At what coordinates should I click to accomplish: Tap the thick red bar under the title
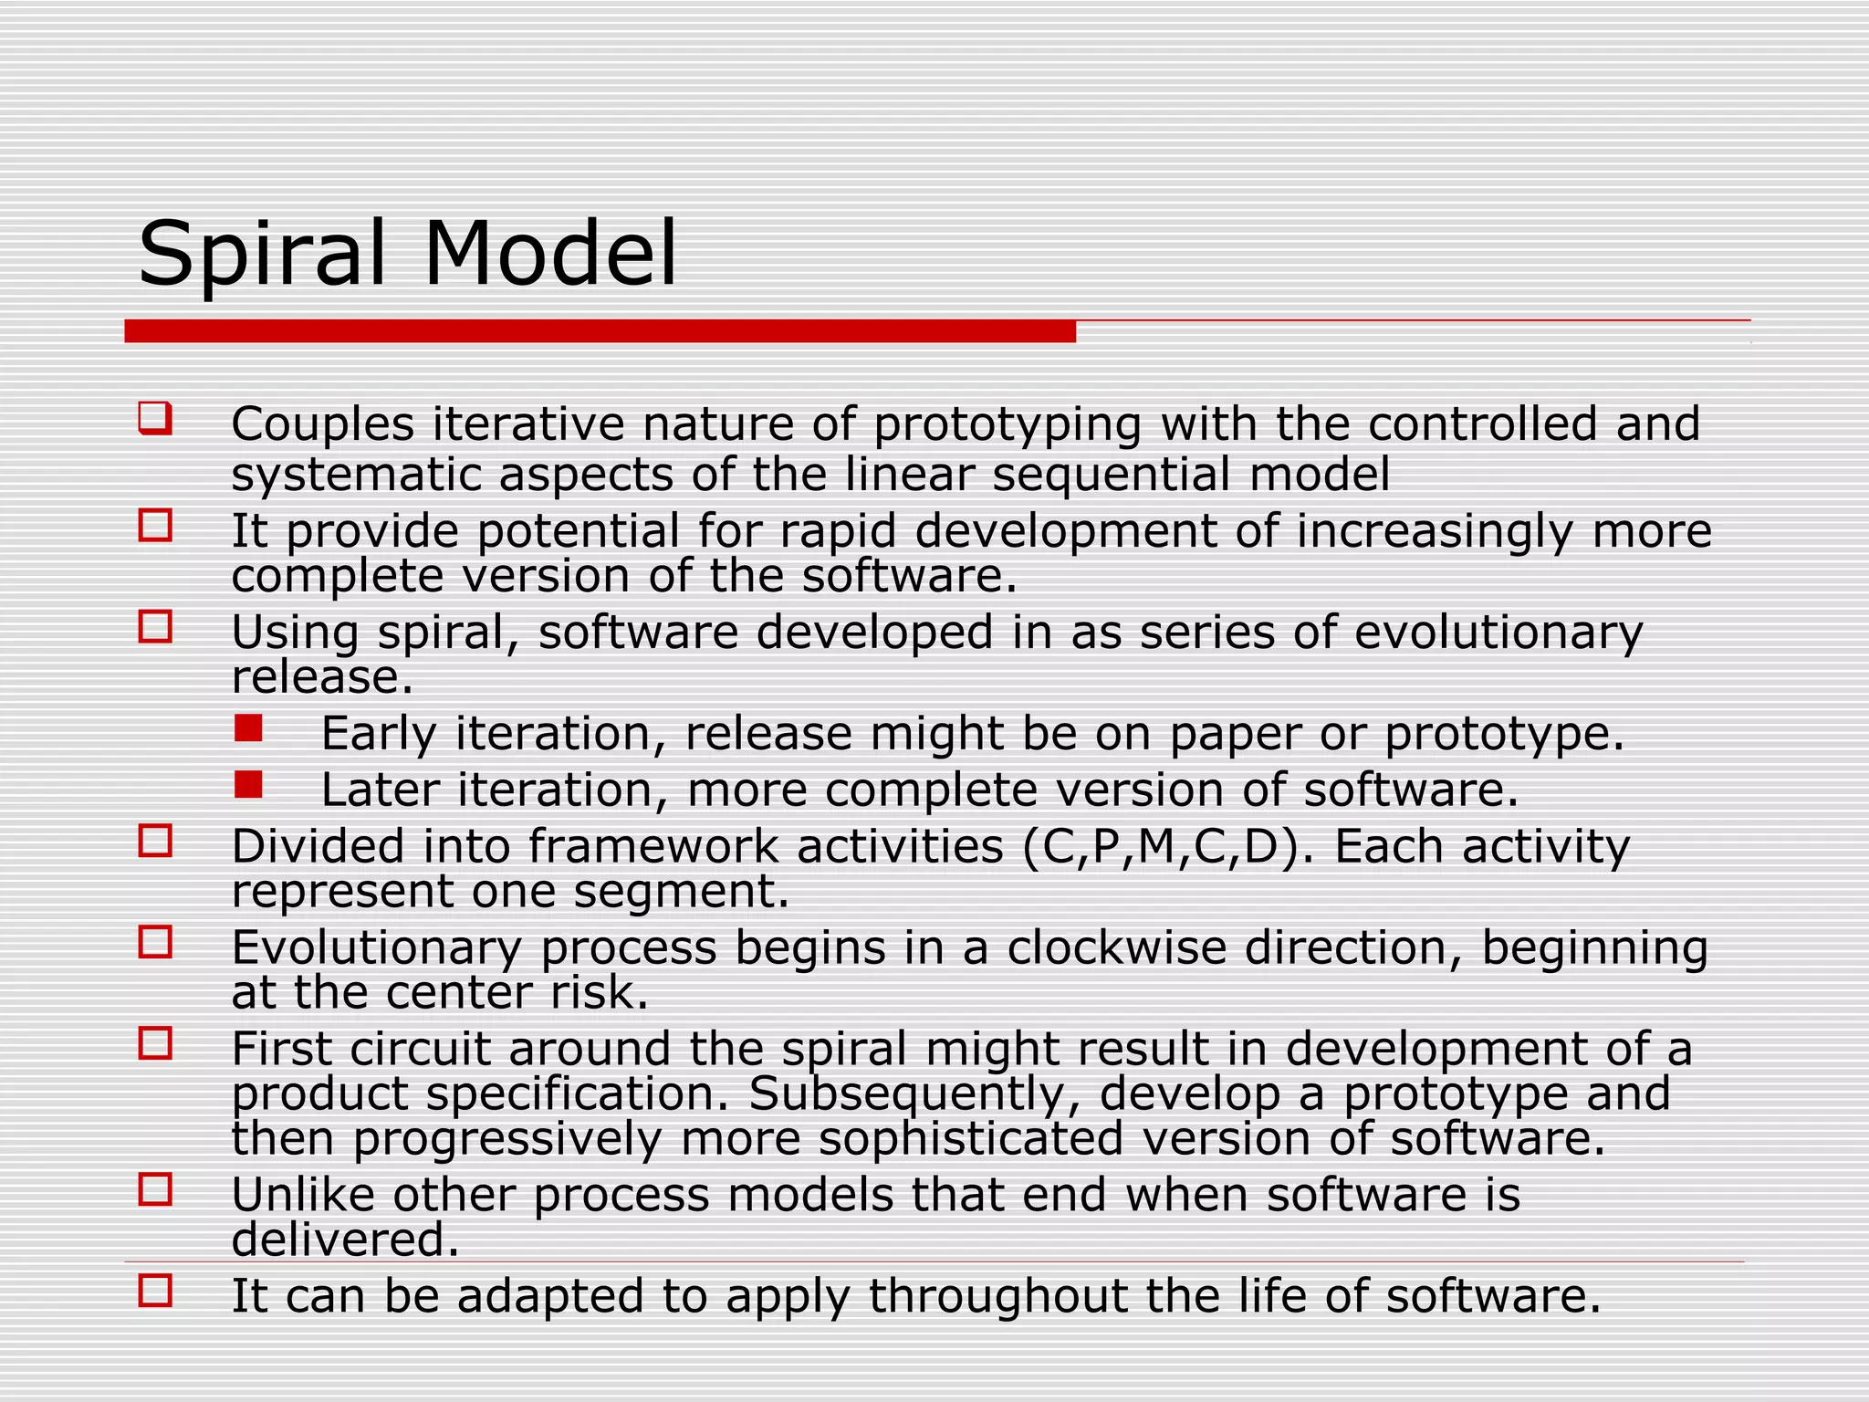click(600, 331)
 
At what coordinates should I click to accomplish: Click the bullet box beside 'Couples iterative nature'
click(154, 419)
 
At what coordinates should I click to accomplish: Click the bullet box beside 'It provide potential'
click(155, 526)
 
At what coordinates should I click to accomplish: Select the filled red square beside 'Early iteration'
click(248, 728)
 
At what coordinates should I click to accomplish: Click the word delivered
click(345, 1240)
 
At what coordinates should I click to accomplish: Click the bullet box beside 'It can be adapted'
click(155, 1292)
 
